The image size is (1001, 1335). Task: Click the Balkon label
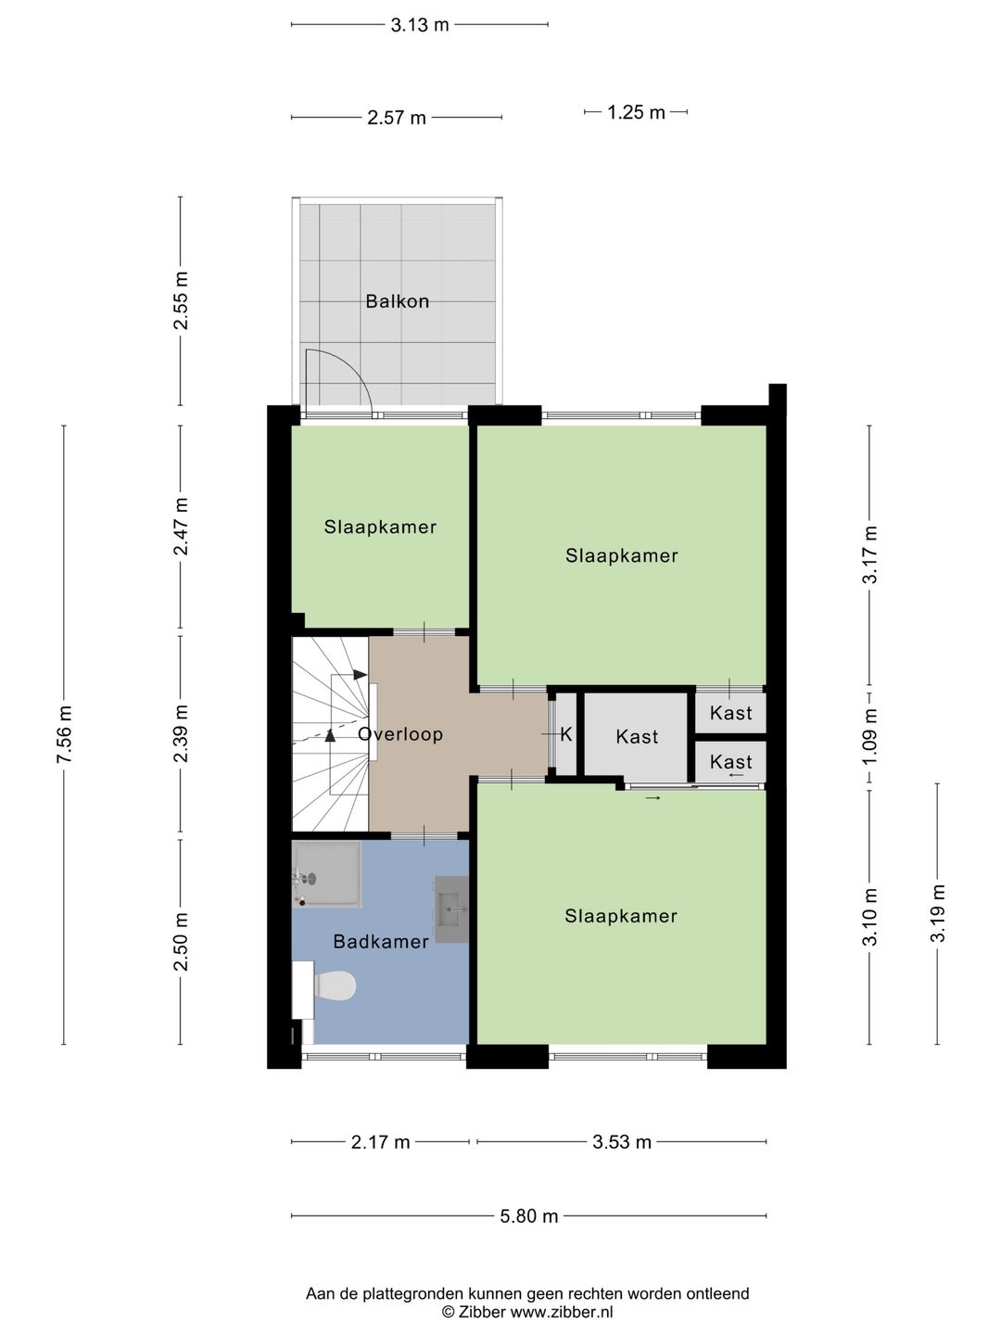(397, 301)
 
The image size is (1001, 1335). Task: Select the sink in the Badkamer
(451, 909)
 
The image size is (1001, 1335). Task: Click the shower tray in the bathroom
(326, 874)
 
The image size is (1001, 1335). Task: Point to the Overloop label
(400, 734)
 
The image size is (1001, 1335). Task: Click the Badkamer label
(381, 942)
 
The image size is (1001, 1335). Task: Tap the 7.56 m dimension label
(64, 734)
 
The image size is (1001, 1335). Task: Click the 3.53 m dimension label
(622, 1142)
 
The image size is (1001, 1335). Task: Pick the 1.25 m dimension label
(637, 112)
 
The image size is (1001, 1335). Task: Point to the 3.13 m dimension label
(419, 25)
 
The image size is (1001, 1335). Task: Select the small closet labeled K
(566, 734)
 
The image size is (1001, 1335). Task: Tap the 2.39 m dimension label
(181, 734)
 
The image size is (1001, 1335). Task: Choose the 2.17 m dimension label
(380, 1142)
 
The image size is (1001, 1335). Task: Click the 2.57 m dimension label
(397, 118)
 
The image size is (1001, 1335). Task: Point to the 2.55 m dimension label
(181, 301)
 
